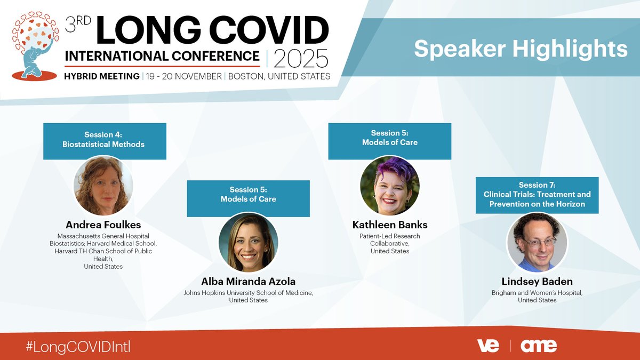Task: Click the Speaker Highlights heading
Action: pyautogui.click(x=521, y=49)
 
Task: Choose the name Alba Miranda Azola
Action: pyautogui.click(x=248, y=282)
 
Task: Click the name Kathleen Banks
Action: pyautogui.click(x=389, y=225)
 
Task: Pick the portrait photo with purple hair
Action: pyautogui.click(x=389, y=186)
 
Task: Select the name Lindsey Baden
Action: pyautogui.click(x=537, y=282)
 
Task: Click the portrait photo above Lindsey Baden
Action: pyautogui.click(x=537, y=242)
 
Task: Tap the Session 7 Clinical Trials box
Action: pyautogui.click(x=537, y=195)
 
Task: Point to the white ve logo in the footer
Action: pyautogui.click(x=487, y=346)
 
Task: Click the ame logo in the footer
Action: pyautogui.click(x=539, y=346)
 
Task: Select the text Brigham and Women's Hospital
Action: pyautogui.click(x=537, y=293)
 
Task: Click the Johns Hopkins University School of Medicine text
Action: pyautogui.click(x=248, y=293)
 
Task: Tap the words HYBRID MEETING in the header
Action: pyautogui.click(x=102, y=76)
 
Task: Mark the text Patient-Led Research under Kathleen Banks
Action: pyautogui.click(x=389, y=236)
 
